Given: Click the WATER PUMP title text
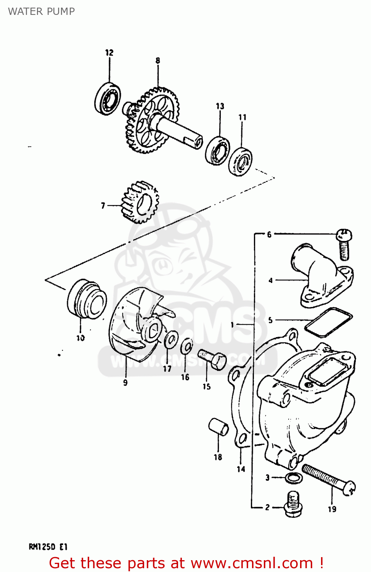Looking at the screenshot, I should [41, 11].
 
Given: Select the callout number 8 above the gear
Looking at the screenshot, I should [157, 61].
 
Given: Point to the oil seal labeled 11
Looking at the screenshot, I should [240, 161].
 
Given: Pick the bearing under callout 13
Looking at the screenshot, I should [218, 150].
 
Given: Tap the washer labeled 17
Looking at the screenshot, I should [171, 339].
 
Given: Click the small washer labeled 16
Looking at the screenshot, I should [186, 346].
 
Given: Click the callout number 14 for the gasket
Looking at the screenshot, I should [241, 469].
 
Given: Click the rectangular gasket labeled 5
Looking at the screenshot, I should [328, 322].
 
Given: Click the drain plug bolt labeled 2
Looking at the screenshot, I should [292, 503].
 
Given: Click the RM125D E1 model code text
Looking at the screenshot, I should [48, 547].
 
